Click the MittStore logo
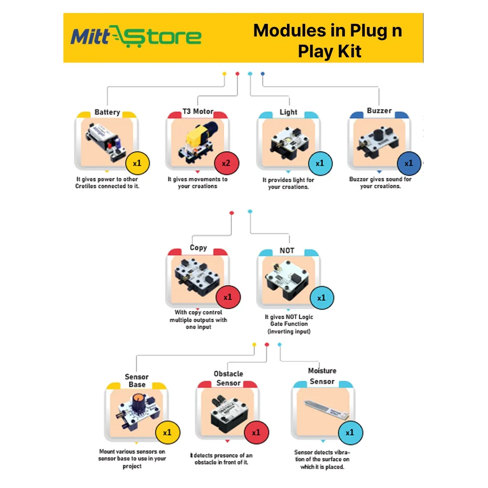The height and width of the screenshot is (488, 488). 136,36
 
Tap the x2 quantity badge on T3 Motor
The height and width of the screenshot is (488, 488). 226,164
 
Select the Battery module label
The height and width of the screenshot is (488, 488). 107,112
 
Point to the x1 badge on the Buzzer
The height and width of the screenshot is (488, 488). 409,164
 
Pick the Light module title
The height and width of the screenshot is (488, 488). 288,112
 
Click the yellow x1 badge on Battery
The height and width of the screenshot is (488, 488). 137,164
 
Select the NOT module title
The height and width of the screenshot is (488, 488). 287,251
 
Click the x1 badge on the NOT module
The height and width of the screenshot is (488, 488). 321,298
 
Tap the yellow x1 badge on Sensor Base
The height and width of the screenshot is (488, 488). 167,432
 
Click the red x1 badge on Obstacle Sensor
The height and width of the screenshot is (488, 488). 256,432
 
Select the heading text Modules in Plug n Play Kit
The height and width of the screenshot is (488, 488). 328,41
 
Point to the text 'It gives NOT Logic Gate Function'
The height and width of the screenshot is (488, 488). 289,320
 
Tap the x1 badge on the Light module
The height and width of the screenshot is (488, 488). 320,164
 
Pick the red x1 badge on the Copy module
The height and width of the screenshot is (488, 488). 228,297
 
